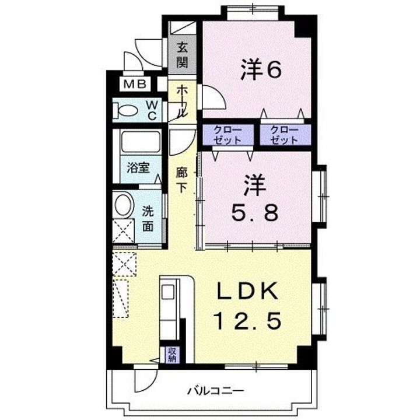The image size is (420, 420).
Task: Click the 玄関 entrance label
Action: point(183,53)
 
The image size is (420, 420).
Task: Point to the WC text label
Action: point(151,109)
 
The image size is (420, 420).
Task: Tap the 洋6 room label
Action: point(261,70)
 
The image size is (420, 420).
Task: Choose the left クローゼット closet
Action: point(228,135)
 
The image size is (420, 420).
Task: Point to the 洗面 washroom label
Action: point(148,219)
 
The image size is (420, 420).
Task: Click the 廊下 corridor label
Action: point(182,181)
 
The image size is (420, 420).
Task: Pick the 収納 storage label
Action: point(173,355)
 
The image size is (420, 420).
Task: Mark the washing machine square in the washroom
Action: point(124,230)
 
